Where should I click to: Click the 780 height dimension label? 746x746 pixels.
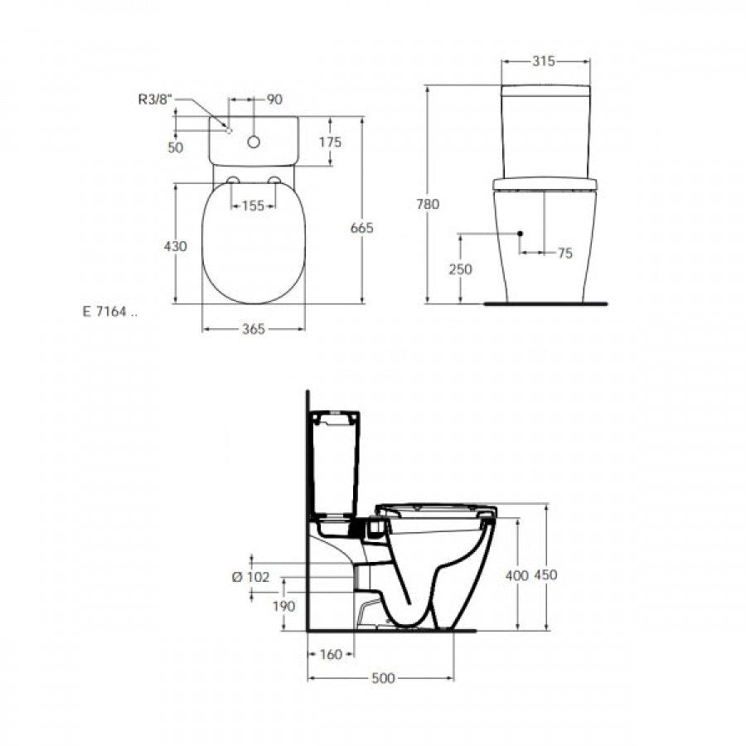point(428,204)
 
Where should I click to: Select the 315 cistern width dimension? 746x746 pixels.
point(543,61)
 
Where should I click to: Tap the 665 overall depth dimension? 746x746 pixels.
point(361,228)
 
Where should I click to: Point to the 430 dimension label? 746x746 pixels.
point(175,246)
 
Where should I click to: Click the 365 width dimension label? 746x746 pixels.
point(253,329)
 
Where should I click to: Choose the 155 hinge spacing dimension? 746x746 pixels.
point(253,206)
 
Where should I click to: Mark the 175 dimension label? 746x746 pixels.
point(330,142)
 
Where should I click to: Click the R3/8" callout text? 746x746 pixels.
point(154,99)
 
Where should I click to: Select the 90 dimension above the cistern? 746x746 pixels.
point(274,99)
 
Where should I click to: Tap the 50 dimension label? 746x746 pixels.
point(175,148)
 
